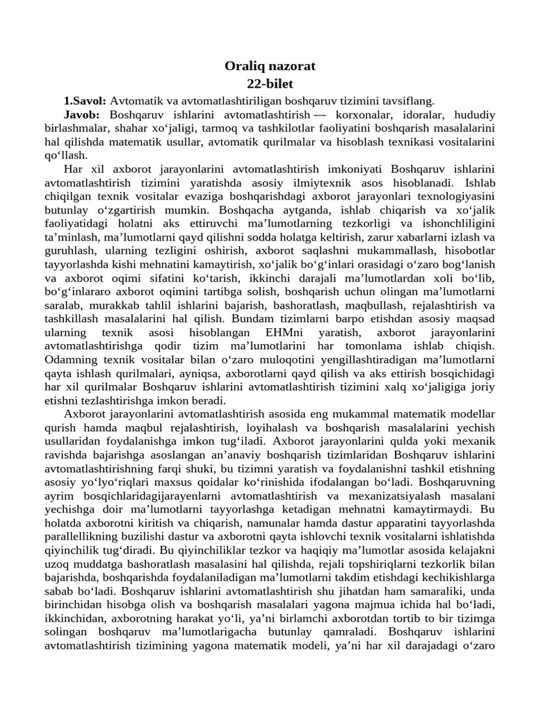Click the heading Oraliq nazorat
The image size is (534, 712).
click(270, 66)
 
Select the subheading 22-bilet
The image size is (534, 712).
click(270, 83)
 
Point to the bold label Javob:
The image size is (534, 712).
click(82, 113)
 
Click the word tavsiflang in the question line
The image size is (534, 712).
click(409, 100)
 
